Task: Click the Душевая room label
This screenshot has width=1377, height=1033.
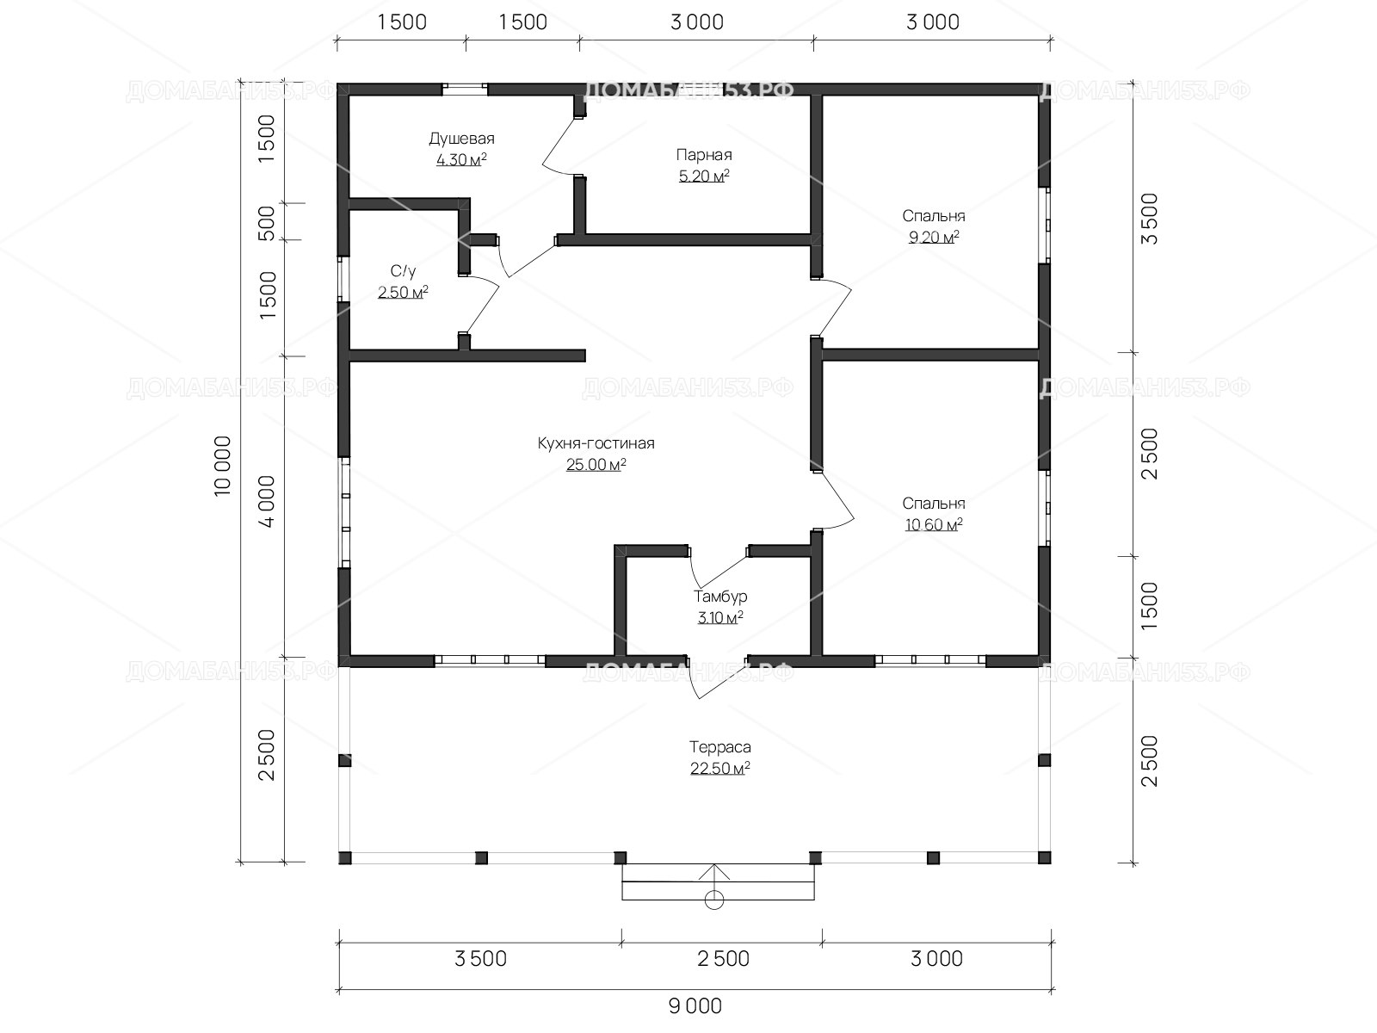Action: click(461, 139)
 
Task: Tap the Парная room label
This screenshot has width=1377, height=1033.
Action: click(704, 155)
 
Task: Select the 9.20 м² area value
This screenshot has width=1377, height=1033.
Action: click(934, 237)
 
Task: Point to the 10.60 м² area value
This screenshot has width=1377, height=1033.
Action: click(934, 524)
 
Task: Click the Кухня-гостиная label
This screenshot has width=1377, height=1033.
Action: click(596, 443)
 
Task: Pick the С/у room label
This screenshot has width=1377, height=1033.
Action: click(403, 271)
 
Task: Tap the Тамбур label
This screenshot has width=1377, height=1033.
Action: click(720, 597)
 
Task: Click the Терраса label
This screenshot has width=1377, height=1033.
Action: click(720, 747)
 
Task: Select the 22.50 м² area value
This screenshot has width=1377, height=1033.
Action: click(720, 769)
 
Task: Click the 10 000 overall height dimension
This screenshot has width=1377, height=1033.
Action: click(223, 466)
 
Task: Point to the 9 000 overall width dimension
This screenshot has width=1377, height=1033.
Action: click(695, 1006)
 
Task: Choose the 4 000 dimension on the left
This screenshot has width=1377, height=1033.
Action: click(266, 502)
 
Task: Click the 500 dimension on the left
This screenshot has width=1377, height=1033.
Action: click(266, 223)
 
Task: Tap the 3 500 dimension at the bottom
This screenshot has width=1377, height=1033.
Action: click(480, 958)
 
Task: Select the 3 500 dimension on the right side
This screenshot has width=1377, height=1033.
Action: click(1149, 219)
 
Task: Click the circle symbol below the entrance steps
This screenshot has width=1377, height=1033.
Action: click(714, 900)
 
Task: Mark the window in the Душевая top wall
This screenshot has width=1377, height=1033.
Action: click(465, 89)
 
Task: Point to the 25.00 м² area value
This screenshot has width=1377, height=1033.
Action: click(596, 465)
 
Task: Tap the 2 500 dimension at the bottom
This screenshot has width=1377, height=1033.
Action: click(723, 958)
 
